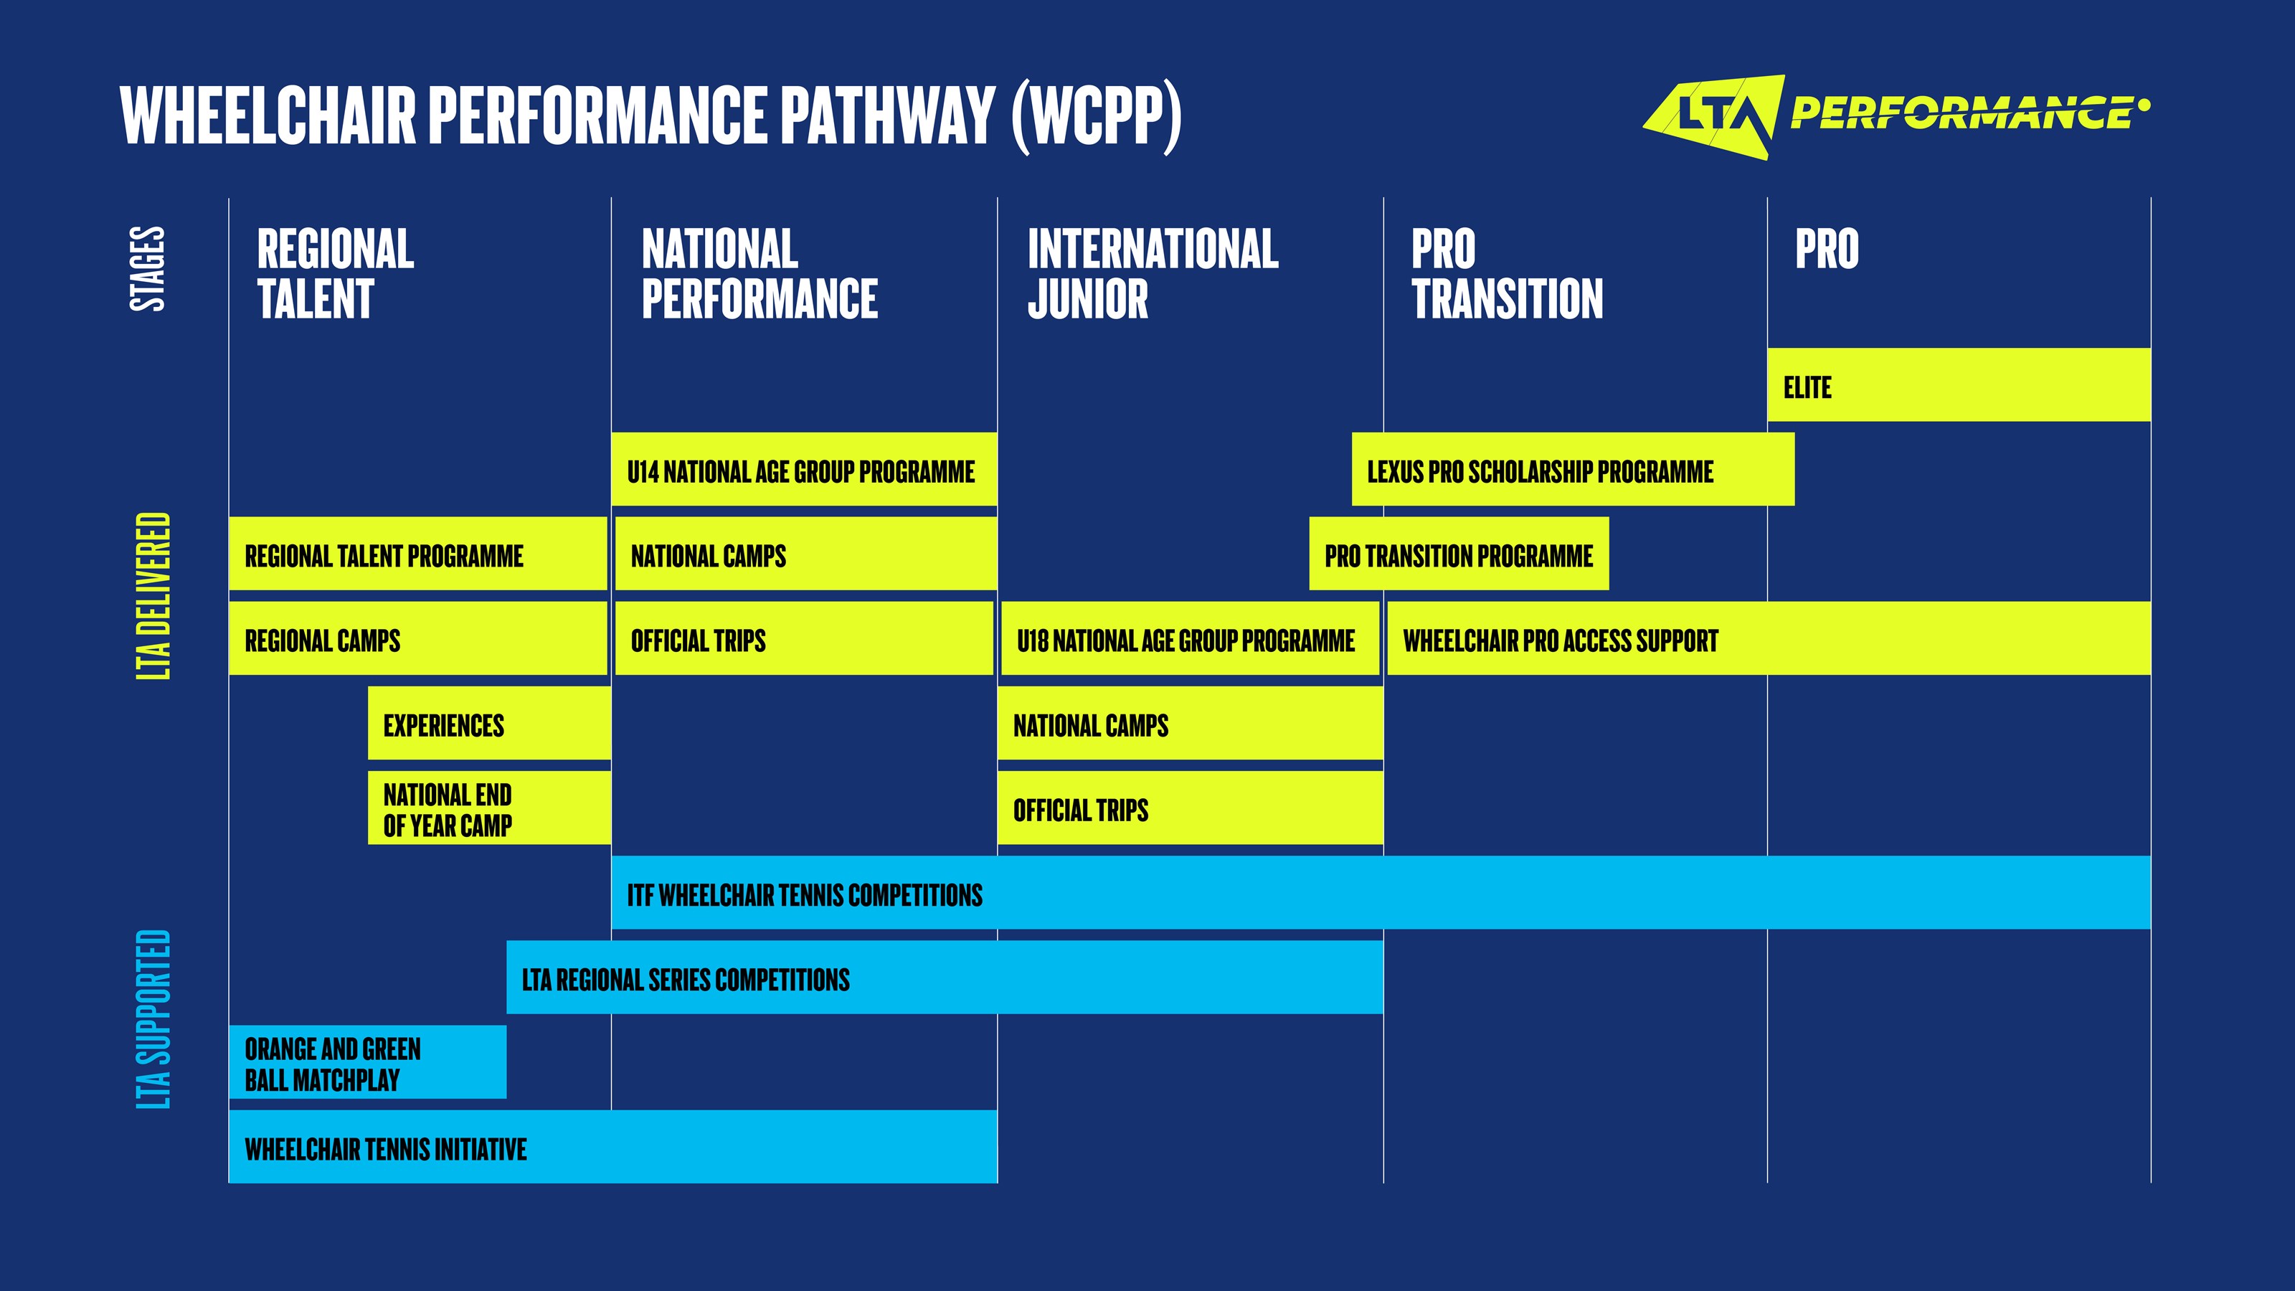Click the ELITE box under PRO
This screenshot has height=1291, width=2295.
[1958, 385]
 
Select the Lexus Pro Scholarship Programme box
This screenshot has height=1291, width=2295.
[1573, 470]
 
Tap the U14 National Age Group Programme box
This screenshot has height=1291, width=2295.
[803, 470]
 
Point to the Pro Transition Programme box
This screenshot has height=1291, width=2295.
[1459, 554]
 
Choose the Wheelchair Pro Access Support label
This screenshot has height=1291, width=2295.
[1560, 640]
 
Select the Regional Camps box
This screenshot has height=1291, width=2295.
[417, 639]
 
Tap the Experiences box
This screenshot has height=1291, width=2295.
[488, 724]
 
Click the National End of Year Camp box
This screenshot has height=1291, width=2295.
[488, 808]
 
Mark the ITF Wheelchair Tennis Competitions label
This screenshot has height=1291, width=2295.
[805, 894]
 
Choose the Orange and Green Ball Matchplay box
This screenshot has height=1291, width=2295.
[367, 1062]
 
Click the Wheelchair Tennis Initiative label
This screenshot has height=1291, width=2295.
[386, 1148]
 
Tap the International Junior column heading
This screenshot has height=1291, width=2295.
[1152, 273]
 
